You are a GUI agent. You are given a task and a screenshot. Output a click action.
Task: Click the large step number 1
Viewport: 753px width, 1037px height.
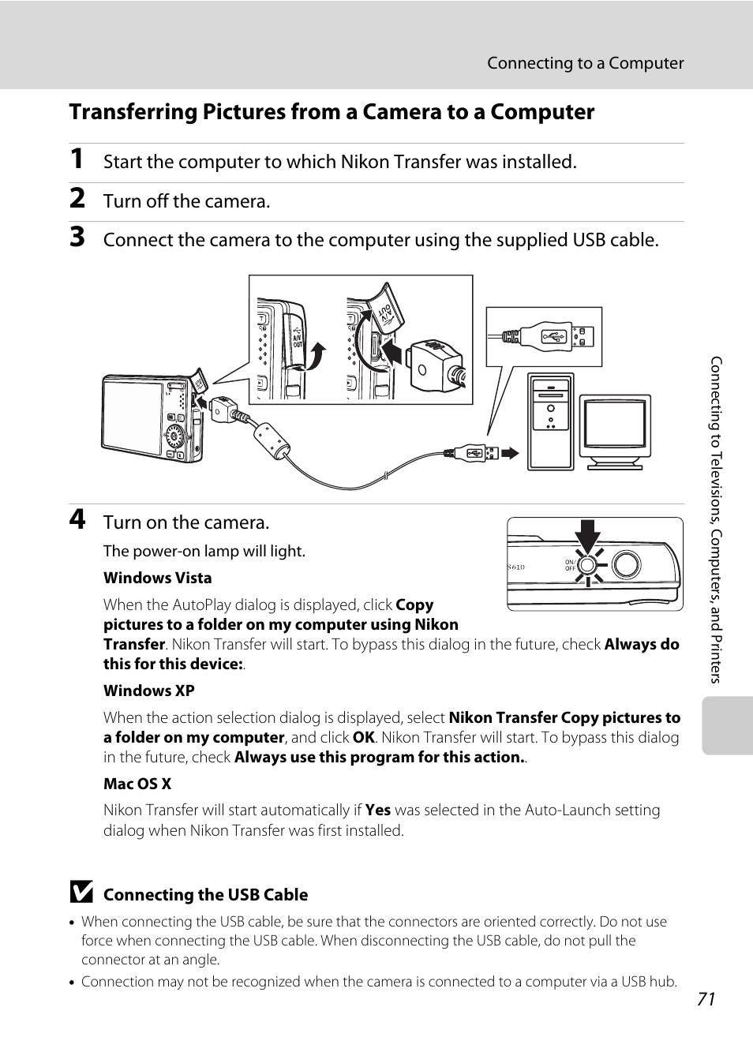point(77,159)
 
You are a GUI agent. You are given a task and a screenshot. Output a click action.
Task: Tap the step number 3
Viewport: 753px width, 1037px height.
point(77,237)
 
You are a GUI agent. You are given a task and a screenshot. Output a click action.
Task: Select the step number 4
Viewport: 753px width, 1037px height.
point(77,519)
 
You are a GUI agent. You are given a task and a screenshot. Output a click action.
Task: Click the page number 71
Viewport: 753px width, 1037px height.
point(706,999)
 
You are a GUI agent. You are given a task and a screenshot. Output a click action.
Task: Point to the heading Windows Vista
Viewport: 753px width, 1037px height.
point(157,578)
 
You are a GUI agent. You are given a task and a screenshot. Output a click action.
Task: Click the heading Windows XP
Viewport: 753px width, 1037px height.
point(148,691)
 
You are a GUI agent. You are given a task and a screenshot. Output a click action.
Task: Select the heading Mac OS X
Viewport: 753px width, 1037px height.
point(137,784)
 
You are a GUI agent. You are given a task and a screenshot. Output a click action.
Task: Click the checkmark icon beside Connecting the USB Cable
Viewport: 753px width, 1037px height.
point(81,893)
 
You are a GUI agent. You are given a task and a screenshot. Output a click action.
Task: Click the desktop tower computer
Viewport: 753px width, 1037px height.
point(551,421)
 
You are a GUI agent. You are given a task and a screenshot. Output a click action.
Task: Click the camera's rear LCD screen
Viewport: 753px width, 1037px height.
point(133,416)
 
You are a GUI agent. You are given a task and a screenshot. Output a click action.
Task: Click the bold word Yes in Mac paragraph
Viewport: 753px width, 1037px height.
point(378,810)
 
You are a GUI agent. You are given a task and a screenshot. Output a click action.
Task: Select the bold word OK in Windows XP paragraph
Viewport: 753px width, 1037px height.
point(364,737)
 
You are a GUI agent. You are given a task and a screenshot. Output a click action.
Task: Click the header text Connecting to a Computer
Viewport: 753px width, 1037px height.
point(585,63)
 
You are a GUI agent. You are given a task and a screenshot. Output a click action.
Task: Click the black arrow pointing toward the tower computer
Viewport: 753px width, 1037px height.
point(511,453)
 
